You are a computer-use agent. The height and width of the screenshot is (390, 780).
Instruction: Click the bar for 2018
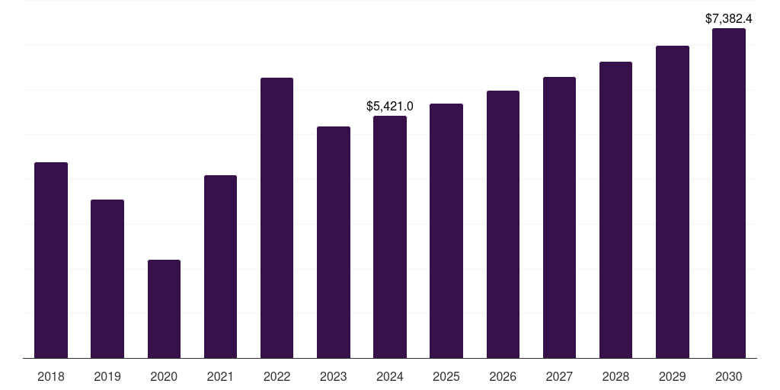coord(51,261)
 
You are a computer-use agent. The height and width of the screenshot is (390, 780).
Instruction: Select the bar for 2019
coord(107,279)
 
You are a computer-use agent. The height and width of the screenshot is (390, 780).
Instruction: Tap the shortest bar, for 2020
coord(165,309)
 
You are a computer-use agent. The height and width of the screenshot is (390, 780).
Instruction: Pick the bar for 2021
coord(220,267)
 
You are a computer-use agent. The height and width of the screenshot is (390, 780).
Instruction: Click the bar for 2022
coord(277,218)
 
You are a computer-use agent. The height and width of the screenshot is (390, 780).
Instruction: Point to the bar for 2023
coord(334,242)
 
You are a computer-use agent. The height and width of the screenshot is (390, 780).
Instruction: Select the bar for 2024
coord(390,237)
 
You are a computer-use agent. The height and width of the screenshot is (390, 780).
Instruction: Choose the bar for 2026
coord(503,225)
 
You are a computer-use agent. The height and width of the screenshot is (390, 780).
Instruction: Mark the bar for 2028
coord(615,210)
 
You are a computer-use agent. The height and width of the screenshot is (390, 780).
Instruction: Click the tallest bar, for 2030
coord(729,193)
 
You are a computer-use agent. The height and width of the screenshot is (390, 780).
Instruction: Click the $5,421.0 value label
coord(389,106)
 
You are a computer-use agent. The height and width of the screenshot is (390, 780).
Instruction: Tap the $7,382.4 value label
coord(729,19)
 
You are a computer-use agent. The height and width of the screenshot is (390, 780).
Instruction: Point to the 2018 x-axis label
coord(51,376)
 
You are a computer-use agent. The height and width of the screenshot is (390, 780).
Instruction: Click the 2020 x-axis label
coord(164,376)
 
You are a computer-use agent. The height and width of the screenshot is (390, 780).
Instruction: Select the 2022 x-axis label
coord(277,376)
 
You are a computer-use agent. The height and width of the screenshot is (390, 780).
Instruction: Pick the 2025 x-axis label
coord(446,376)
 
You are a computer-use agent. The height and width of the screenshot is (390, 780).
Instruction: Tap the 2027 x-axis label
coord(559,376)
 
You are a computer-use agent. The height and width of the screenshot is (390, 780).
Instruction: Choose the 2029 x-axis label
coord(672,376)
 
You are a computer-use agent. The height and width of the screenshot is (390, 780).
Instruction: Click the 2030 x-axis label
coord(729,376)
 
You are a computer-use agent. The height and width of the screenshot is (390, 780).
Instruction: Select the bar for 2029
coord(673,202)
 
